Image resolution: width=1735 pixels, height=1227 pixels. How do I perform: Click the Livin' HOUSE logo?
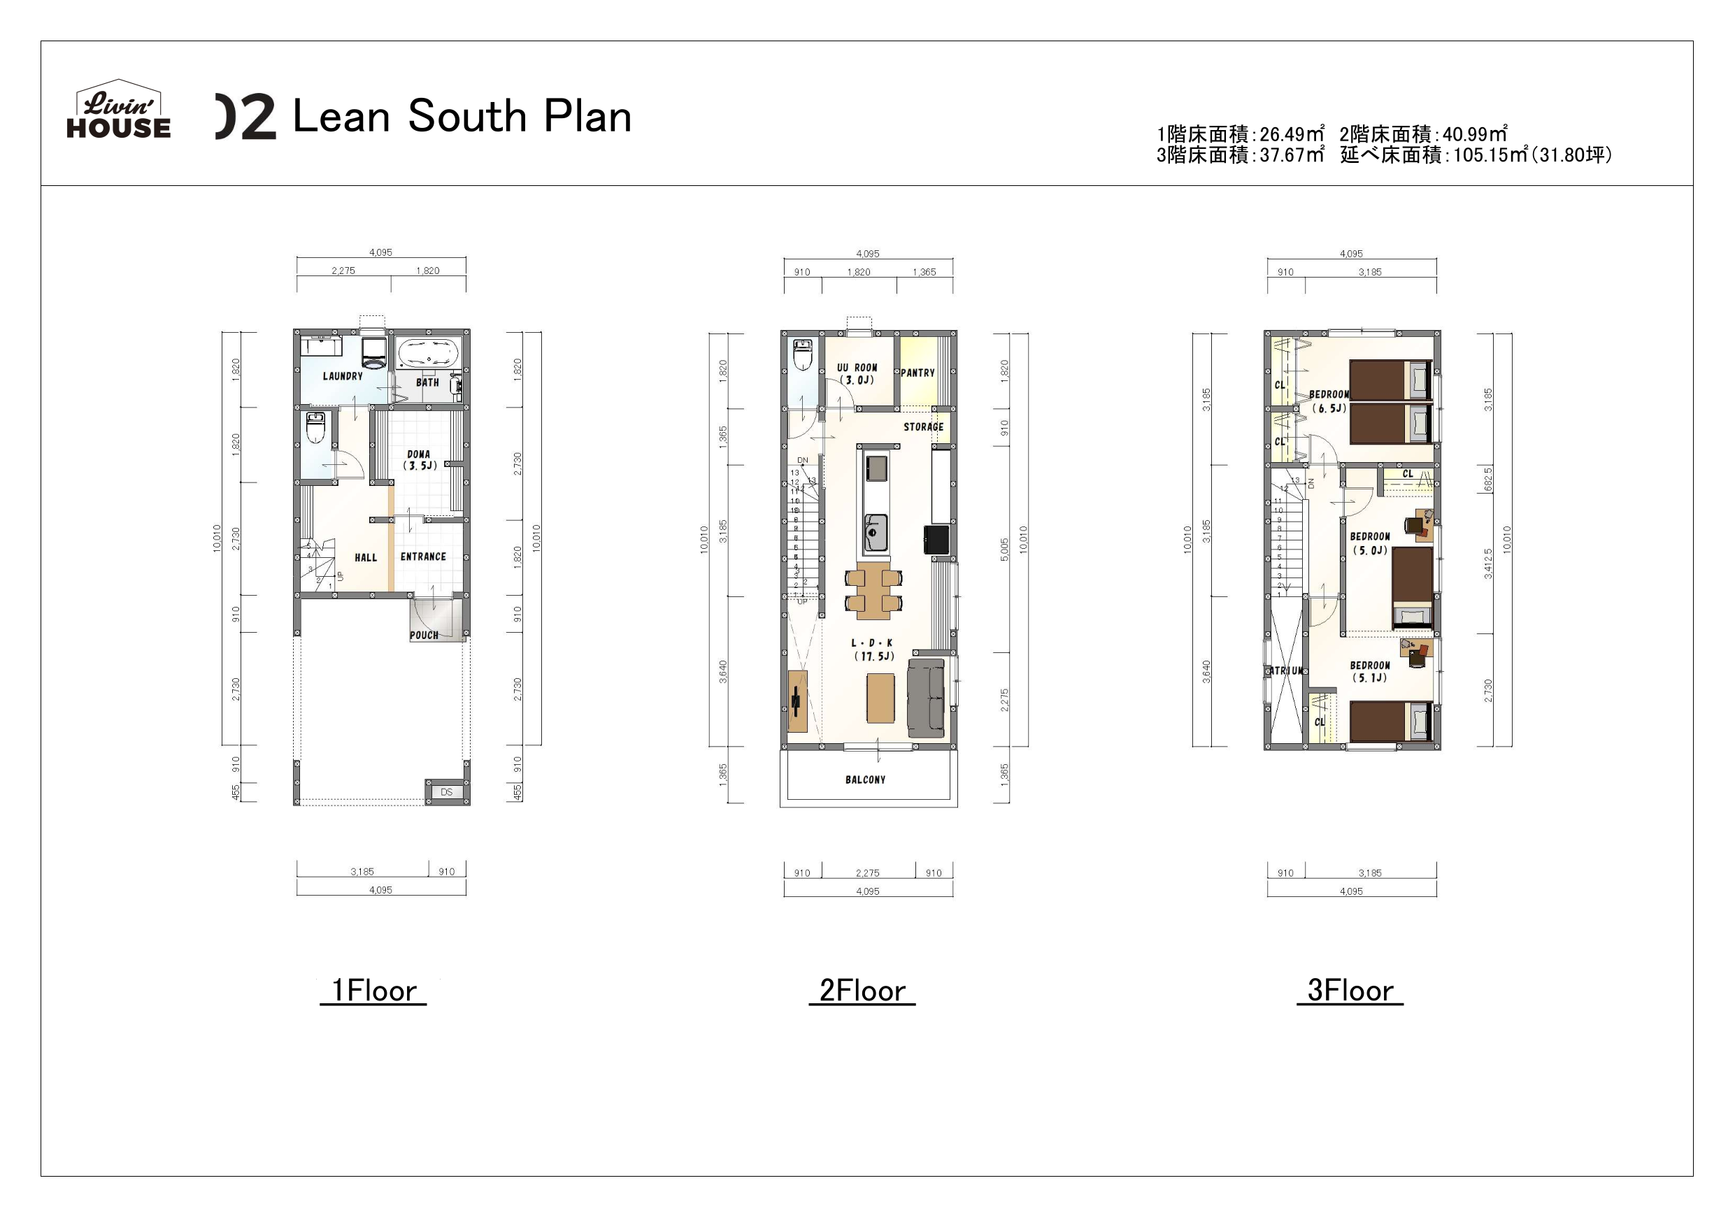coord(119,111)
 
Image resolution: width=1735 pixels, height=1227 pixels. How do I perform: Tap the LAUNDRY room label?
coord(343,376)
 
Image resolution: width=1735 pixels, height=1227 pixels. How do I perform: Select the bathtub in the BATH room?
coord(427,354)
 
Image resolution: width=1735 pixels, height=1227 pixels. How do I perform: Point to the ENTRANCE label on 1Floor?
coord(423,557)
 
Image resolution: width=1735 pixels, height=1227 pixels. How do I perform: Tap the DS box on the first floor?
coord(447,792)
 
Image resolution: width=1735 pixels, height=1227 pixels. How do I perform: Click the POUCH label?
coord(424,636)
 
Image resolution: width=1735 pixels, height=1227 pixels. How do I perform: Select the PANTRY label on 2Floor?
coord(918,373)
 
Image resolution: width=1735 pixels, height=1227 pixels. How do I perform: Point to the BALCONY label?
coord(865,780)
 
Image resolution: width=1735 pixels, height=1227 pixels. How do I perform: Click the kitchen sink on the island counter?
coord(876,533)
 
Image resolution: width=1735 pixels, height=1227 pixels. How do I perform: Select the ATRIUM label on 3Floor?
coord(1285,671)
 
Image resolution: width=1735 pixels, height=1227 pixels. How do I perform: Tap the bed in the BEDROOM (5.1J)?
coord(1390,722)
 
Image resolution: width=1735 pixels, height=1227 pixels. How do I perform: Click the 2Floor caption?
coord(862,991)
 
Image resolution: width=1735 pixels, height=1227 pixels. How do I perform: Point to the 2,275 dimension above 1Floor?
coord(343,271)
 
